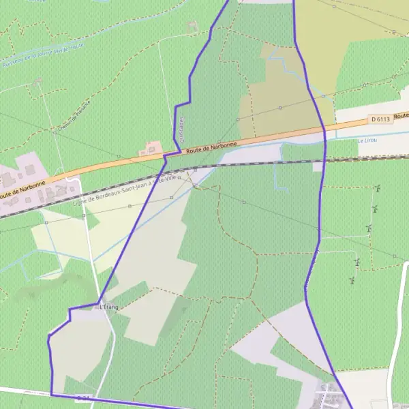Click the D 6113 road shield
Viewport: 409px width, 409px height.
tap(382, 119)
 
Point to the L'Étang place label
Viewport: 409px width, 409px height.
tap(109, 307)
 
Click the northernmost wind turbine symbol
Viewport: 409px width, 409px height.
tap(376, 188)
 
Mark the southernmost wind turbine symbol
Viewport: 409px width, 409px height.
tap(352, 279)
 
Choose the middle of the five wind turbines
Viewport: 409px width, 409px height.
tap(369, 228)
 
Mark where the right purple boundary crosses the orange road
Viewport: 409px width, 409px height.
tap(324, 129)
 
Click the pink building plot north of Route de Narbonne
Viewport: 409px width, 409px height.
tap(150, 148)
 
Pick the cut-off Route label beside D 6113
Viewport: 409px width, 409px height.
tap(402, 116)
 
